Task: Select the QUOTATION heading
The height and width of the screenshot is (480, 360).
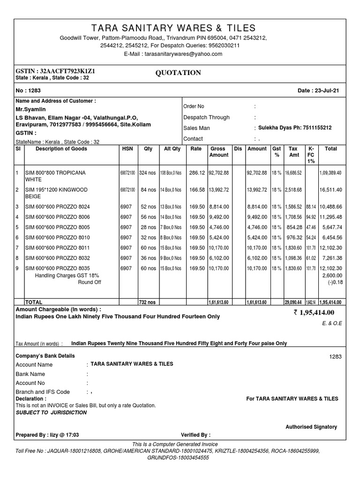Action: (x=178, y=73)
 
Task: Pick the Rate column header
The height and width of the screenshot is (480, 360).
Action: (x=196, y=149)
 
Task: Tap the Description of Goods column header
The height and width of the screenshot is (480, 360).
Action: (x=56, y=149)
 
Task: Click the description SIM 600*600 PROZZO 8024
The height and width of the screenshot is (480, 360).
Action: (x=57, y=206)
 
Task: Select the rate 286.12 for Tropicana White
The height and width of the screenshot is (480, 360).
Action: (x=197, y=173)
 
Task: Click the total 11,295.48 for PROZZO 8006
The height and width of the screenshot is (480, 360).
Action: (x=330, y=217)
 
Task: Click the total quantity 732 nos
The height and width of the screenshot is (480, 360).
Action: (x=148, y=303)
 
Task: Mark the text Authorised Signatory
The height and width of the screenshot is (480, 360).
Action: (x=311, y=427)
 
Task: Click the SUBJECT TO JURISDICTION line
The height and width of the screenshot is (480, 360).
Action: (x=51, y=412)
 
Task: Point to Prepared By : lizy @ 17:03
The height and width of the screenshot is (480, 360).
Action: (x=47, y=435)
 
